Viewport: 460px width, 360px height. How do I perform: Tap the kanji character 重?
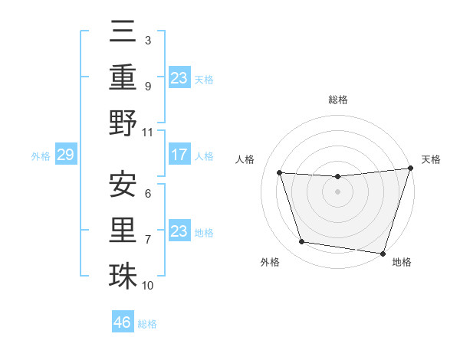click(x=123, y=78)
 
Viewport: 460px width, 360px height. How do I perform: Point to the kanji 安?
click(x=123, y=184)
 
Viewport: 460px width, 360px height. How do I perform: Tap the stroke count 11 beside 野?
click(x=148, y=132)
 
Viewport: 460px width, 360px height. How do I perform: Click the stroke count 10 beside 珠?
click(x=148, y=286)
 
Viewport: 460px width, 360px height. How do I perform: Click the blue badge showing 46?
click(x=123, y=322)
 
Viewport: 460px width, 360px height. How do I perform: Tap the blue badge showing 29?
click(x=65, y=155)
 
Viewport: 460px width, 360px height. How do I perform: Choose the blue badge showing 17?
click(x=179, y=155)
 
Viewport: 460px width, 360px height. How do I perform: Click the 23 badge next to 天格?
click(x=179, y=78)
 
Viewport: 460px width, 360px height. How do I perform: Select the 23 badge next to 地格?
click(x=179, y=231)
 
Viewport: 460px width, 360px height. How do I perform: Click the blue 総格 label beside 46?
click(x=147, y=324)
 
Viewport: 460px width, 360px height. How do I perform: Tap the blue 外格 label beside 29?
click(x=41, y=156)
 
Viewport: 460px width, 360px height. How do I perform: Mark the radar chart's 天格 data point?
click(x=410, y=169)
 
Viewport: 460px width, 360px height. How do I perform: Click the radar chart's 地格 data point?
click(x=383, y=253)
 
